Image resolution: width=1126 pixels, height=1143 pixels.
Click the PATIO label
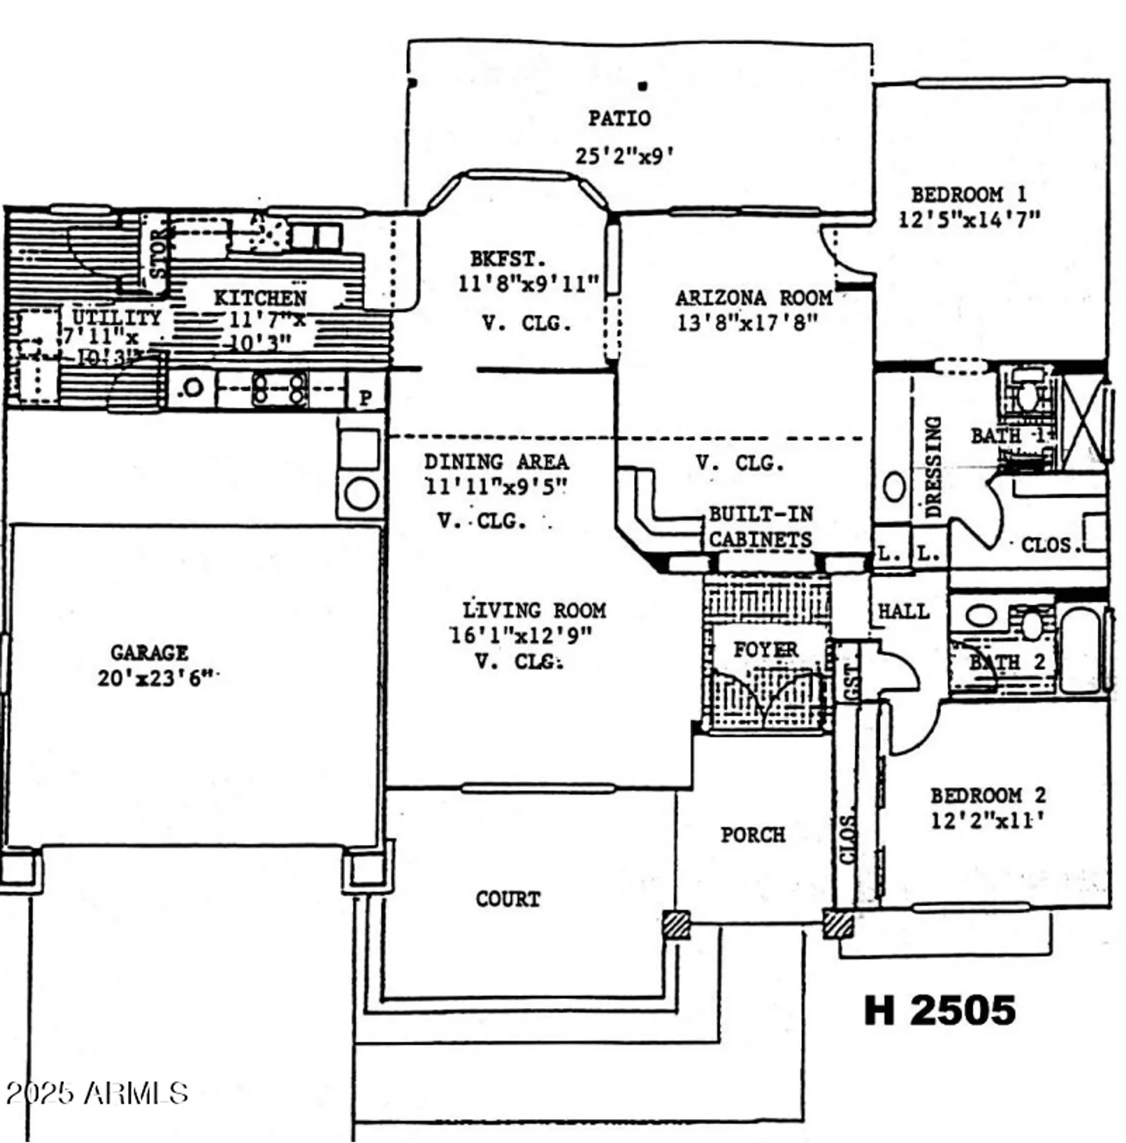coord(619,118)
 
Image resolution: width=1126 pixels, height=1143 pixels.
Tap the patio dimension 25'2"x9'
coord(623,155)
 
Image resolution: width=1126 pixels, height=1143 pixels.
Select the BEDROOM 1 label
coord(968,194)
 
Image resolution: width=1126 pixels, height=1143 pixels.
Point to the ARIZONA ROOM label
coord(753,298)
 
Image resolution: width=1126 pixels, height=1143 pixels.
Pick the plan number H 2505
coord(939,1010)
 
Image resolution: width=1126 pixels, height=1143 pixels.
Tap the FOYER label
coord(765,650)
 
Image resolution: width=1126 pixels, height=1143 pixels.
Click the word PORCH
coord(753,834)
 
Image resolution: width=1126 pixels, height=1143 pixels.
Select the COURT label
coord(507,899)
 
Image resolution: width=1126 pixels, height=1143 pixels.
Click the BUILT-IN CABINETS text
coord(760,527)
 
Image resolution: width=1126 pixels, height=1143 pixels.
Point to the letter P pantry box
coord(366,397)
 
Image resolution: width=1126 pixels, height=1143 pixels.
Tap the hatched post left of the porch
coord(676,924)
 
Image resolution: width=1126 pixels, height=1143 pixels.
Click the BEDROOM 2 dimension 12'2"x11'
coord(987,821)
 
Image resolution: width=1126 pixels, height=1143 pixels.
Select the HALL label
coord(903,611)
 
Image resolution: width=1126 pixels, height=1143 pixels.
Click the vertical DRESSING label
coord(933,466)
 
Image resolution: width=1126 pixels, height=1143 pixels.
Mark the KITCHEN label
coord(260,298)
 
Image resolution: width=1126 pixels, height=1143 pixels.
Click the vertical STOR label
coord(158,254)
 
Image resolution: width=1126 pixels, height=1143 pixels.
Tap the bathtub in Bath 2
coord(1080,648)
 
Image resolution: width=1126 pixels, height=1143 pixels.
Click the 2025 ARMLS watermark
coord(96,1093)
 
